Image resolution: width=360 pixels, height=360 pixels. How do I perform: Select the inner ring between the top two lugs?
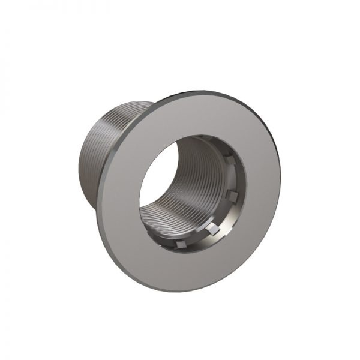[x=235, y=179]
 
